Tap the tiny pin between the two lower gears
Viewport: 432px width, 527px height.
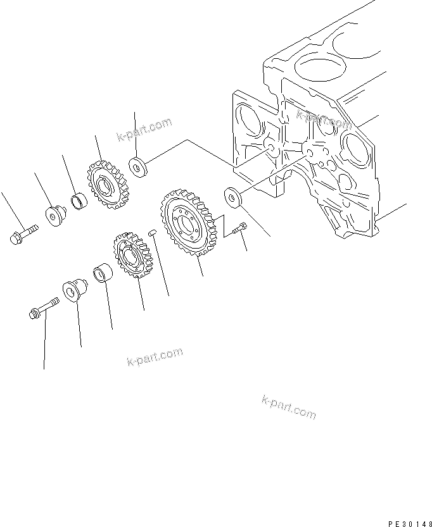(152, 233)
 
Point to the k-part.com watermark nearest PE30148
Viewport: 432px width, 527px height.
(288, 407)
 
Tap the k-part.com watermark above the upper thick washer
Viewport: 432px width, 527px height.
(144, 130)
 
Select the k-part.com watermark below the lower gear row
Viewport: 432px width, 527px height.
(155, 359)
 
